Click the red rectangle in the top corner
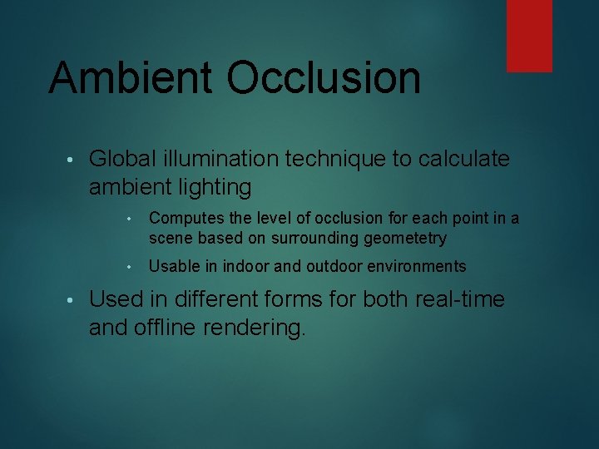point(529,35)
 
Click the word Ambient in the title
point(130,78)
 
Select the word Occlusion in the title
point(324,78)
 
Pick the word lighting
point(211,188)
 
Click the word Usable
point(171,267)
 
